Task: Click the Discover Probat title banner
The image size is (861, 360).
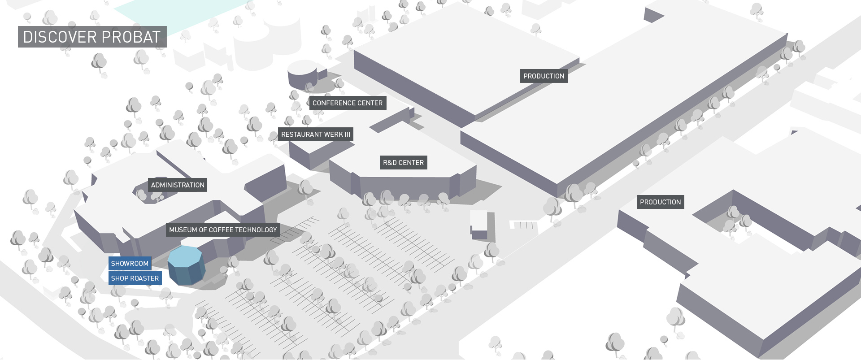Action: click(92, 37)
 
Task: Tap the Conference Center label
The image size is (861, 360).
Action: click(348, 103)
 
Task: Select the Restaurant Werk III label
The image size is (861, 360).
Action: click(316, 134)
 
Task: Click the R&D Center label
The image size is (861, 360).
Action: click(404, 163)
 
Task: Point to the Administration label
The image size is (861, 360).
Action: click(178, 185)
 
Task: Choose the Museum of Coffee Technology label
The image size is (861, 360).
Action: click(223, 230)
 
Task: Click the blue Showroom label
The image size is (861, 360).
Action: click(130, 264)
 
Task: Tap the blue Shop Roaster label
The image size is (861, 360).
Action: click(135, 278)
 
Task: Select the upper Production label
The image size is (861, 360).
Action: click(544, 76)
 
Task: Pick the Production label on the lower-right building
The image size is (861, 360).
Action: click(661, 202)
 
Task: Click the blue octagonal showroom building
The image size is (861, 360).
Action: click(187, 265)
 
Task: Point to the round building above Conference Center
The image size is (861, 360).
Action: click(302, 75)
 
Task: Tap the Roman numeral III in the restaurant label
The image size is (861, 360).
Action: click(348, 134)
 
